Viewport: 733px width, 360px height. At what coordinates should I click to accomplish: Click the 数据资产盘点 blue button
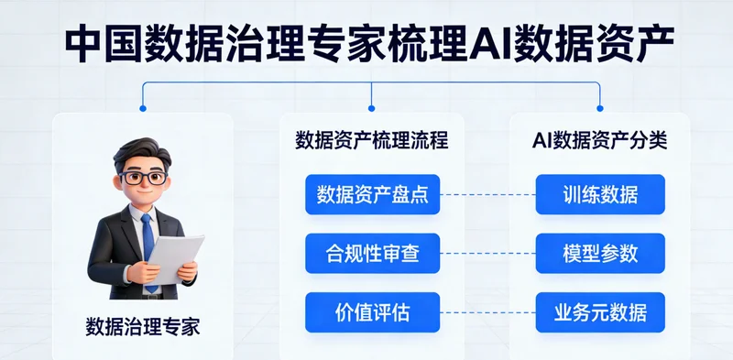point(372,194)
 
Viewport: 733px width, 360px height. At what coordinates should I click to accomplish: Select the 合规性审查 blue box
point(372,253)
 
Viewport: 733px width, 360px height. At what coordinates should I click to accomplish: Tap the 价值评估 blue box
point(372,311)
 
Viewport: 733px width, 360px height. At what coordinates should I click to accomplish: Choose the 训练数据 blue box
point(600,194)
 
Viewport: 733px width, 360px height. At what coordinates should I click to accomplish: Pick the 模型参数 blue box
point(600,253)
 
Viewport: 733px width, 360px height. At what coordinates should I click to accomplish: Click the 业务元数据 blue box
point(600,311)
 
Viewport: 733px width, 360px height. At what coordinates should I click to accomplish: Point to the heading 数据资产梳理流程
point(372,141)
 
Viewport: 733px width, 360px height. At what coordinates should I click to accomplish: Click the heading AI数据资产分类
point(600,141)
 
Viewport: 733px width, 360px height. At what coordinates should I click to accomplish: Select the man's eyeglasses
point(144,177)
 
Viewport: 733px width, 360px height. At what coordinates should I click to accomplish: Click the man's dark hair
point(142,151)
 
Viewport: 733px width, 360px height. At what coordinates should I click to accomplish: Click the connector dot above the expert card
point(142,108)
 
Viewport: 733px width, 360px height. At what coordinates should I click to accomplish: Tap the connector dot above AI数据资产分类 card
point(600,108)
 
